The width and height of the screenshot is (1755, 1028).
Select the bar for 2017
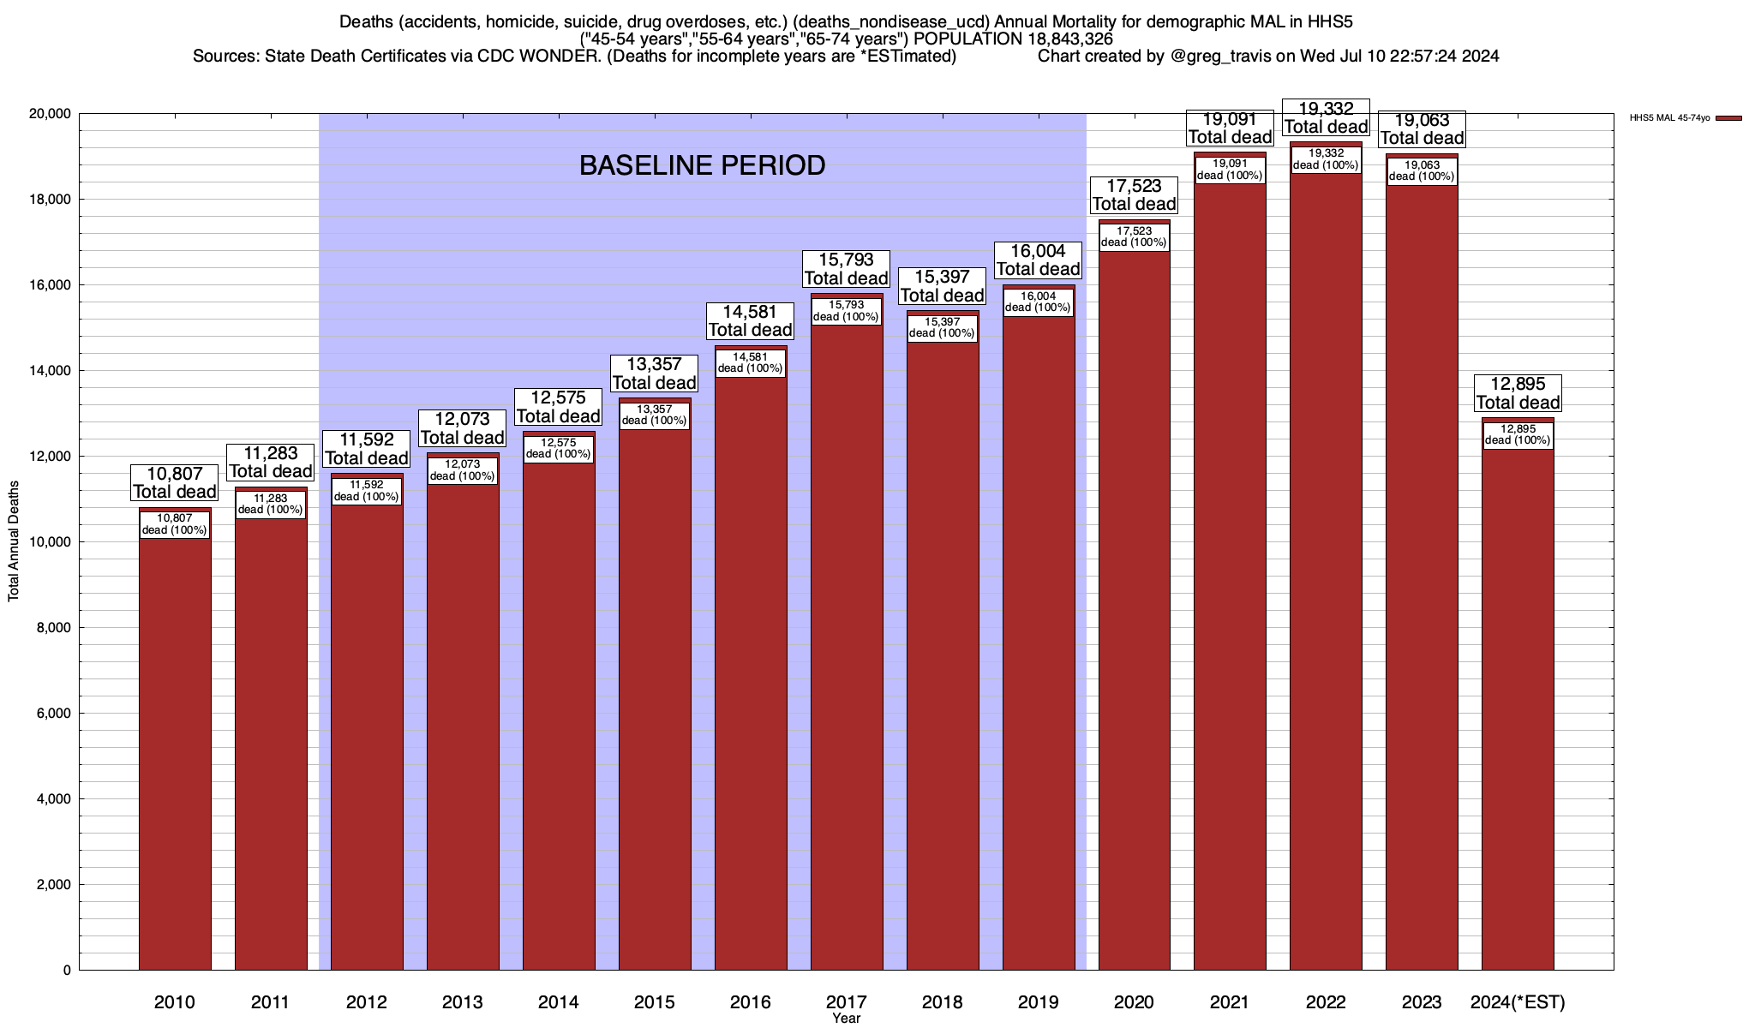click(847, 651)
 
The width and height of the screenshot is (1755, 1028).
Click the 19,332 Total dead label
click(1326, 118)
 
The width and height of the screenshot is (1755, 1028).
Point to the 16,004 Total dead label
click(1038, 260)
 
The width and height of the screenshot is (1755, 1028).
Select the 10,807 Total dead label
click(175, 482)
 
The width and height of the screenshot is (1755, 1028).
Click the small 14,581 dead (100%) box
click(751, 363)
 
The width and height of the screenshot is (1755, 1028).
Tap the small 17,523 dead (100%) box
click(1134, 236)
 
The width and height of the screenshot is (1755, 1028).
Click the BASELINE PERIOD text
click(702, 165)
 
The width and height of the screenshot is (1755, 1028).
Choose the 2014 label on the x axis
click(559, 1002)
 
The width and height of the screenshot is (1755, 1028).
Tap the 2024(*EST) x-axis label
click(1518, 1002)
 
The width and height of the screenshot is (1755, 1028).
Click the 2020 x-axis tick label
click(1134, 1002)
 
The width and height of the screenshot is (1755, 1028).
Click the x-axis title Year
click(846, 1019)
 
